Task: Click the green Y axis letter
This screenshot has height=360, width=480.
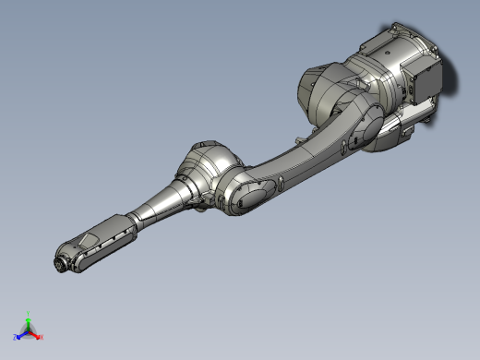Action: tap(30, 313)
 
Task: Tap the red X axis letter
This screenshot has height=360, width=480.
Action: tap(42, 337)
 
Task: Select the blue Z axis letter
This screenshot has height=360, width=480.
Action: tap(16, 338)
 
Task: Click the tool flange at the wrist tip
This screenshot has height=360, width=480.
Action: tap(62, 264)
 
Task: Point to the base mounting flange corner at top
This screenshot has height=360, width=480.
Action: tap(384, 27)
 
